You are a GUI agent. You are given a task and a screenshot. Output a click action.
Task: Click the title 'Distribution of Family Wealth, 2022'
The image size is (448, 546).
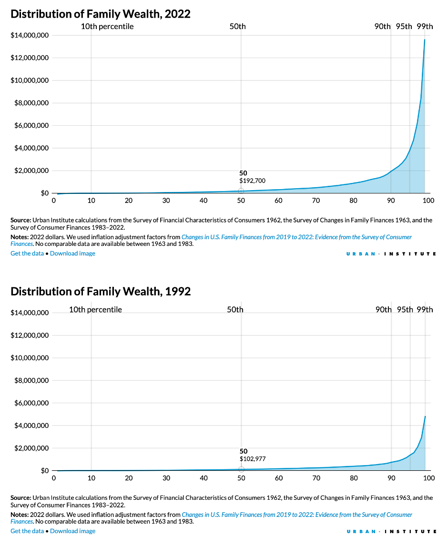click(101, 14)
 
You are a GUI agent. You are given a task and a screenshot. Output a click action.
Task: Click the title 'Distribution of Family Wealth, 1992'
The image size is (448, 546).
click(101, 291)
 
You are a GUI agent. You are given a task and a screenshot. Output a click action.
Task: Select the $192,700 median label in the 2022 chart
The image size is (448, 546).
click(252, 181)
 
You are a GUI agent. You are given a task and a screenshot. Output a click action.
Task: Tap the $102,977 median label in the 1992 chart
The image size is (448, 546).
click(252, 459)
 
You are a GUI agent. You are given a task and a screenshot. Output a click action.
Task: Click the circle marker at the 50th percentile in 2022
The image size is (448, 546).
click(241, 191)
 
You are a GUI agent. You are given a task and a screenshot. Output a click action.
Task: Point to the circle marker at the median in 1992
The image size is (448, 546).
click(241, 469)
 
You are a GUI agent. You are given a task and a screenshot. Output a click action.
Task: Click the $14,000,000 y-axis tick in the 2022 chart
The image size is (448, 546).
click(30, 35)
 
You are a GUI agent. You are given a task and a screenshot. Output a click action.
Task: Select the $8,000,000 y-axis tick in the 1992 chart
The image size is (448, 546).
click(30, 381)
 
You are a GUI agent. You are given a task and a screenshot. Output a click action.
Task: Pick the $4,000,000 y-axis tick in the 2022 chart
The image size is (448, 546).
click(30, 148)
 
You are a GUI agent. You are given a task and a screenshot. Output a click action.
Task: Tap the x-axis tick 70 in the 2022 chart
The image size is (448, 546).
click(316, 200)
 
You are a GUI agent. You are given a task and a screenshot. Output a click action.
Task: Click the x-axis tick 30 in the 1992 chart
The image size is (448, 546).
click(166, 478)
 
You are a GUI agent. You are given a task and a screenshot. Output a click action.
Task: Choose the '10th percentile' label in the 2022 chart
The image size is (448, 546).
click(107, 26)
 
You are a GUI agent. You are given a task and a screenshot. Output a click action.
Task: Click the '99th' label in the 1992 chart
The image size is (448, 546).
click(425, 310)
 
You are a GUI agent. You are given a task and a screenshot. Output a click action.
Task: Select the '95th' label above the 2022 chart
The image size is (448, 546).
click(404, 26)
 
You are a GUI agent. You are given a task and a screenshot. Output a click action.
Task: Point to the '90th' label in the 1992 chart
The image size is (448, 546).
click(383, 310)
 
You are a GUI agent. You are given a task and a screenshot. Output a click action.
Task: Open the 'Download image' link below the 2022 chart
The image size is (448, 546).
click(72, 253)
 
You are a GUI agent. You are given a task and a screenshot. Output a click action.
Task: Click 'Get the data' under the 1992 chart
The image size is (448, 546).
click(28, 531)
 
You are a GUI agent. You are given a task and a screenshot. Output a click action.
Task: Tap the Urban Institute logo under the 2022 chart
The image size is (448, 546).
click(391, 254)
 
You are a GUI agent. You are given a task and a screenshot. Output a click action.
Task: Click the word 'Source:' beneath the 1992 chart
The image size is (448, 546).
click(20, 498)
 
